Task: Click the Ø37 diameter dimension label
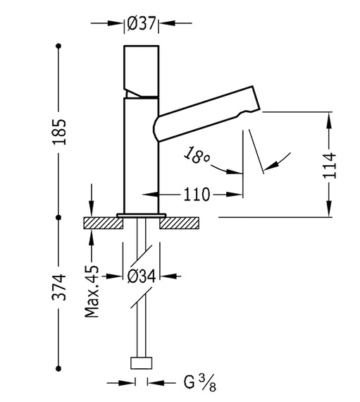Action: [x=142, y=23]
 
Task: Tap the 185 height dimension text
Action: [x=59, y=132]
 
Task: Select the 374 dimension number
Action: [x=59, y=287]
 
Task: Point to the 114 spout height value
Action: [x=329, y=165]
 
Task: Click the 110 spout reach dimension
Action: [x=197, y=195]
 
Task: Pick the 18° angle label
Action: [x=197, y=156]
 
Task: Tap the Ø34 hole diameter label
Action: [x=142, y=276]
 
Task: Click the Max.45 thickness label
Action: [x=92, y=292]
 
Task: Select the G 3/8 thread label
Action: [x=200, y=382]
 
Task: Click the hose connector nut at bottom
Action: [x=142, y=363]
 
